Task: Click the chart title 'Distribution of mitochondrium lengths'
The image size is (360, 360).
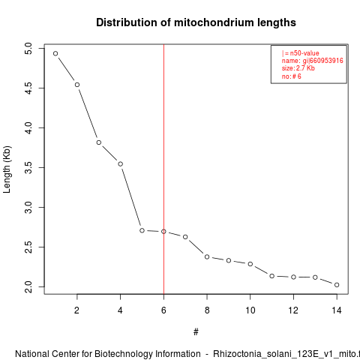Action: click(x=196, y=22)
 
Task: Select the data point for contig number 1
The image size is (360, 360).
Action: click(x=55, y=53)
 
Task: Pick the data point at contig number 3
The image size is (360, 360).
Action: click(x=99, y=142)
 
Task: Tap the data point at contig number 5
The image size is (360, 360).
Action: click(x=142, y=230)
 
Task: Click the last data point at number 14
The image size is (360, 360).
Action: click(x=337, y=285)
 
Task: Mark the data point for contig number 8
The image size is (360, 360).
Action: click(x=207, y=257)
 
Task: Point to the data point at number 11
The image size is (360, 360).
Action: click(x=272, y=276)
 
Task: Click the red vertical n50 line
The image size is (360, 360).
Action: click(x=163, y=169)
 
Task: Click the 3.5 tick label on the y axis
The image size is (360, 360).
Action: click(x=28, y=167)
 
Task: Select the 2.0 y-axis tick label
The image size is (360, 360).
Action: click(x=28, y=286)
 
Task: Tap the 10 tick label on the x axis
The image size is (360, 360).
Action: click(x=250, y=310)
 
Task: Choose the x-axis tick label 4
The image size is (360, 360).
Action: click(x=120, y=310)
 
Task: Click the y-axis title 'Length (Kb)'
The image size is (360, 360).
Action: click(x=7, y=169)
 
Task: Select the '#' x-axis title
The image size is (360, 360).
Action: click(x=196, y=332)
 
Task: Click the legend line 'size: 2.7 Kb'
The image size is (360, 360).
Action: click(x=298, y=68)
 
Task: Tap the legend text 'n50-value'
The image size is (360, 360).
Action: click(x=304, y=53)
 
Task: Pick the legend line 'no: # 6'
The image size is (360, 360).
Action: click(x=292, y=76)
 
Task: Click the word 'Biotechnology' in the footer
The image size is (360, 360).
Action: click(x=148, y=354)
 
